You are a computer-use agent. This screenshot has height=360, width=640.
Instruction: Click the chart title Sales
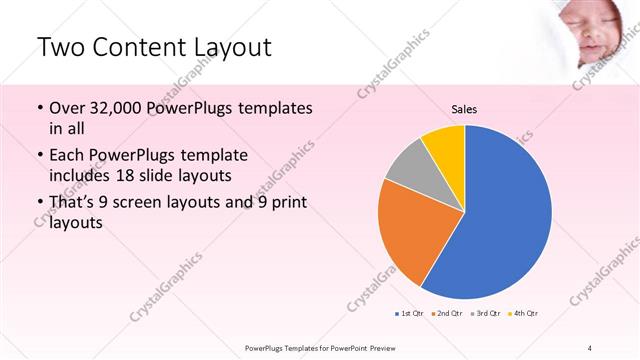464,108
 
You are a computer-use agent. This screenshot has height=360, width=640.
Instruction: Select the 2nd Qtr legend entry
446,314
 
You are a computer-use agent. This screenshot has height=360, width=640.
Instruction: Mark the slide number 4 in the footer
589,347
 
